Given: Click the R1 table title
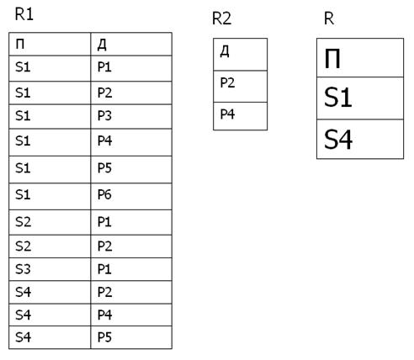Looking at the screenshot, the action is click(x=24, y=14).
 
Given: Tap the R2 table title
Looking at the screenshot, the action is click(x=221, y=19).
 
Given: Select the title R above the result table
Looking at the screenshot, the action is click(x=329, y=19).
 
